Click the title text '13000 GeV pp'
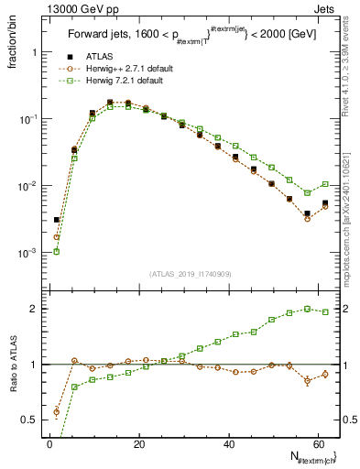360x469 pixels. [67, 9]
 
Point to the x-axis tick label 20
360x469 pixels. [138, 444]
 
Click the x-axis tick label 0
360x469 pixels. [49, 444]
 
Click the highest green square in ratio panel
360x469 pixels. [307, 309]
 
